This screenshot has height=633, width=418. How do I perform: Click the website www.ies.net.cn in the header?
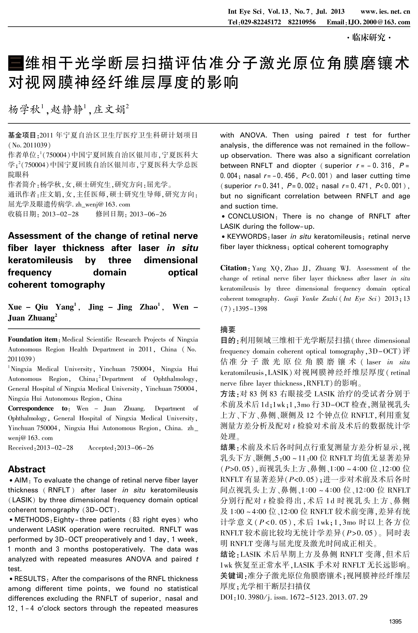[385, 11]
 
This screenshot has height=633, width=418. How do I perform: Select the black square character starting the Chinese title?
[16, 63]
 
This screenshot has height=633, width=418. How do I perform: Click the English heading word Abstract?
[27, 469]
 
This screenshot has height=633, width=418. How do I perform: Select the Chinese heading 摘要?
[228, 329]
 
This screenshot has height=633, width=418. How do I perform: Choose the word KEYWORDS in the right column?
[247, 236]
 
